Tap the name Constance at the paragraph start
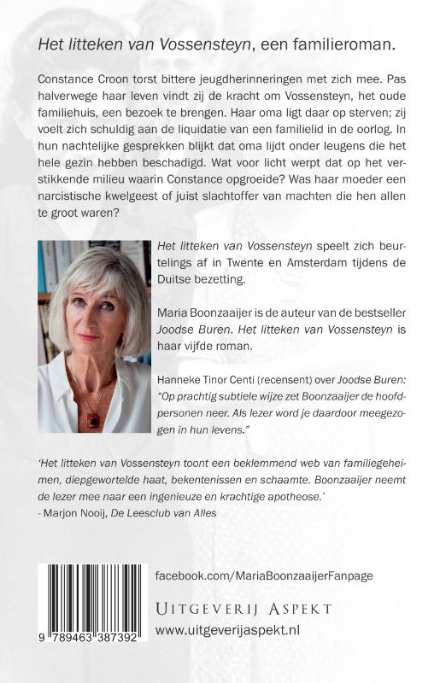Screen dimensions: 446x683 (69, 78)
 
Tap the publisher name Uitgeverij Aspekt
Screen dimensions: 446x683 (243, 608)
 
